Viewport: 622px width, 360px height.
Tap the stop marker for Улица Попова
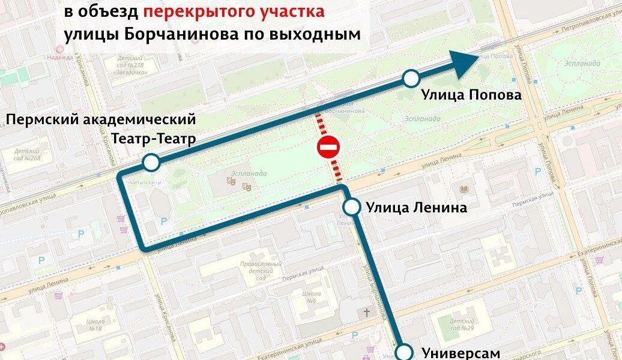point(411,78)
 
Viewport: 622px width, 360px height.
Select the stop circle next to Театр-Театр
point(151,162)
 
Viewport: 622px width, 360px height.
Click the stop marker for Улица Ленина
point(352,208)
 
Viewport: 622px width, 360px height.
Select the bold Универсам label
point(460,353)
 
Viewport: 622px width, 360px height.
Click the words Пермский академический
point(101,121)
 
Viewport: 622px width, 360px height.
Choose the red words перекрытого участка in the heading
point(234,11)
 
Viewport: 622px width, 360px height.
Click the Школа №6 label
point(310,297)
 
